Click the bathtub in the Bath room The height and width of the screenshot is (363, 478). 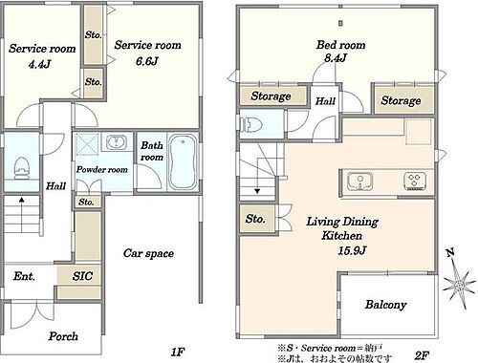tap(183, 162)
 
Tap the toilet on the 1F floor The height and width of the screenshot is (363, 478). tap(22, 168)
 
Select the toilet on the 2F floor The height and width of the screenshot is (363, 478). tap(250, 125)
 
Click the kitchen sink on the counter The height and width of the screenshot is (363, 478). tap(360, 181)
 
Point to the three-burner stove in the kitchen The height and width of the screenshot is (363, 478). tap(415, 181)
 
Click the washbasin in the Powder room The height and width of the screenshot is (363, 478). tap(116, 141)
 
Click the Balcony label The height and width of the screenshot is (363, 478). tap(386, 305)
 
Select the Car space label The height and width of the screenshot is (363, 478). tap(148, 253)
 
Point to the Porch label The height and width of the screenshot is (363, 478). tap(63, 336)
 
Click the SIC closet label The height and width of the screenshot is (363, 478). tap(82, 276)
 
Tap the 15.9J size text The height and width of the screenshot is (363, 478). tap(352, 250)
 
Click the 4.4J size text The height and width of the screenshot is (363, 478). tap(39, 64)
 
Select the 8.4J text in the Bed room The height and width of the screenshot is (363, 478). tap(336, 58)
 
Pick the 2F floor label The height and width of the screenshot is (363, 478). tap(422, 355)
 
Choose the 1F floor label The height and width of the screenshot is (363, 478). tap(178, 352)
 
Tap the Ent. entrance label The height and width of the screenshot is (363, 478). tap(24, 276)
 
